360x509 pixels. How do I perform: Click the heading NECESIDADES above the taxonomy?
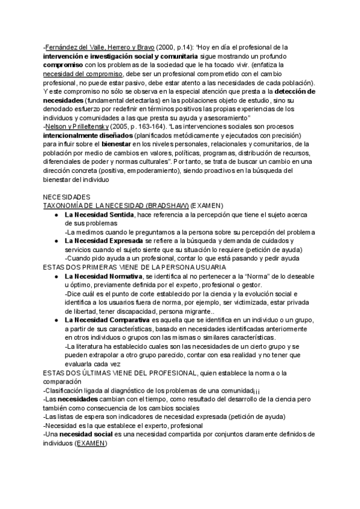pos(67,197)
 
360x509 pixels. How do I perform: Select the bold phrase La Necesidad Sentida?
pos(100,214)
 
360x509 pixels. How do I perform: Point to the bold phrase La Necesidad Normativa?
pos(104,276)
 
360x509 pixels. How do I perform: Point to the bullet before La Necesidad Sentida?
pos(56,214)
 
